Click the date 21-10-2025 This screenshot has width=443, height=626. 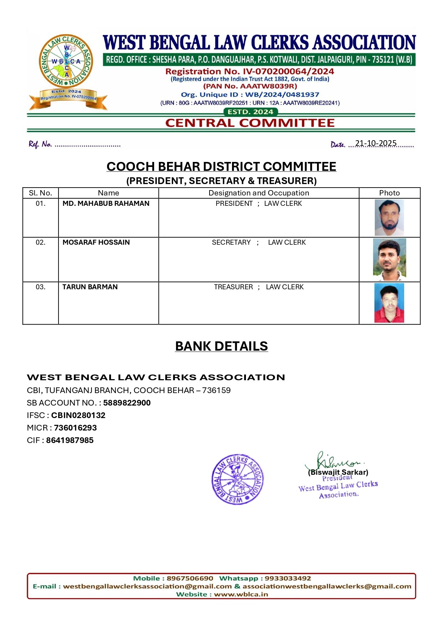[376, 143]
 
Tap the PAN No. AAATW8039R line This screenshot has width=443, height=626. [250, 86]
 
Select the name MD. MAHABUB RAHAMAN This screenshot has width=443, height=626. [106, 204]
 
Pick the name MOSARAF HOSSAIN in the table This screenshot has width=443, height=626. [96, 243]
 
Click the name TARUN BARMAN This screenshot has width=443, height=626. [90, 287]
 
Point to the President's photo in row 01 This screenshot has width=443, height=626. [389, 218]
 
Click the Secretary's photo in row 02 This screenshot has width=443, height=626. [389, 259]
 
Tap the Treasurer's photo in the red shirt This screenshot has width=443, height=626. [389, 303]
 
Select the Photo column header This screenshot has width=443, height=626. [389, 193]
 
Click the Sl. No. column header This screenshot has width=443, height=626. [40, 193]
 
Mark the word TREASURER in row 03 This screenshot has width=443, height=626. [233, 287]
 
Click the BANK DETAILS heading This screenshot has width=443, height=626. [221, 346]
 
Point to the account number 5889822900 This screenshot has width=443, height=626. [127, 403]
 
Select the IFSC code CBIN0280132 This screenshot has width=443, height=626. [78, 416]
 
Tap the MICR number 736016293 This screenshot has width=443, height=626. [75, 428]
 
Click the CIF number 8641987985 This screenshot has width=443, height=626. [70, 441]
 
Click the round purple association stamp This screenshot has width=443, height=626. [237, 479]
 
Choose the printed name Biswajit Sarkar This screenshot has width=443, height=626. [338, 473]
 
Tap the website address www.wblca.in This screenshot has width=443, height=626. [241, 594]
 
